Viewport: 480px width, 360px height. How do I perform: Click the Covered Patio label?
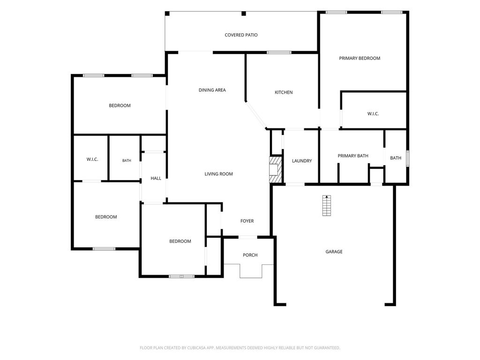coord(241,35)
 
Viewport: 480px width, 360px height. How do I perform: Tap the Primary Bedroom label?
coord(360,58)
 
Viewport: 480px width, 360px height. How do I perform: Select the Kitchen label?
coord(284,92)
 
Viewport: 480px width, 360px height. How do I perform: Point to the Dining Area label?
coord(212,90)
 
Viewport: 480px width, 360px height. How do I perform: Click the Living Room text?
coord(218,174)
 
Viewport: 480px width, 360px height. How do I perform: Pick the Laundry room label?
coord(302,161)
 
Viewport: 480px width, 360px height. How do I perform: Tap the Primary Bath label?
coord(352,156)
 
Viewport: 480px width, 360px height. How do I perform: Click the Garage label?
coord(334,252)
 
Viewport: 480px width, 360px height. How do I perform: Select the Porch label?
coord(250,255)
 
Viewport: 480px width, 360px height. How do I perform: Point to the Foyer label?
coord(247,221)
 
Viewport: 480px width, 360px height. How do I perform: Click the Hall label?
coord(156,178)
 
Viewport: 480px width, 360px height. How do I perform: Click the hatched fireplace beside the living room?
coord(275,170)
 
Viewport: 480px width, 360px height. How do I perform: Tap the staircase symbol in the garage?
coord(327,205)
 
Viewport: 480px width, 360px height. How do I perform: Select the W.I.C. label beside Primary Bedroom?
coord(373,113)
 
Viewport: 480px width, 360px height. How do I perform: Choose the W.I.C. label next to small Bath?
coord(92,159)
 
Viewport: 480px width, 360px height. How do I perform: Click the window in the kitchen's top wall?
coord(279,52)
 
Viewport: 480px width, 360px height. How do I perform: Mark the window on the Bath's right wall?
coord(407,158)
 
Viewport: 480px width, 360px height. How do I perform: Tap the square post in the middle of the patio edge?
coord(244,14)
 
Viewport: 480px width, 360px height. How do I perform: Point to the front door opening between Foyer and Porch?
coord(247,237)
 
